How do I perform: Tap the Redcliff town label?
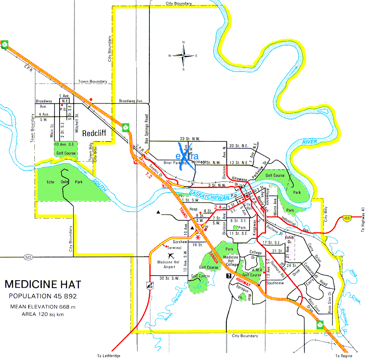[x=95, y=134]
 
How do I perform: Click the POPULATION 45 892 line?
[x=43, y=296]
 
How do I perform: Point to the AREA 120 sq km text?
[x=43, y=314]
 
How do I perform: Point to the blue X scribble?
[x=186, y=156]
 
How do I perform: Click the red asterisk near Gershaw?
[x=198, y=237]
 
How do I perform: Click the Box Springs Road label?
[x=146, y=127]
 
